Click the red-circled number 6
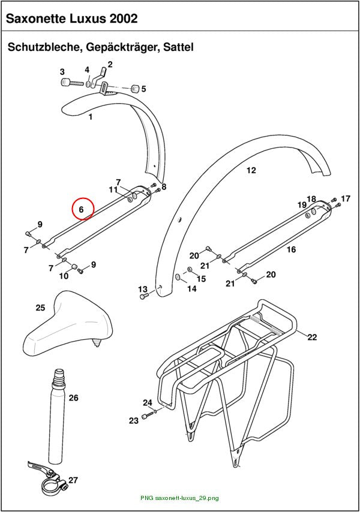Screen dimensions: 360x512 point(82,209)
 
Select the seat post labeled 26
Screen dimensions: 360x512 point(57,415)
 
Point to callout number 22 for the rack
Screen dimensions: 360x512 point(312,337)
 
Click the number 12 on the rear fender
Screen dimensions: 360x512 point(251,170)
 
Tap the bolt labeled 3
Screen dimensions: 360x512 point(73,82)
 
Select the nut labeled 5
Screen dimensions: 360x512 point(134,89)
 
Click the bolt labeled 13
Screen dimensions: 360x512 point(144,296)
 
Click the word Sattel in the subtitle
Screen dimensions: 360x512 point(178,47)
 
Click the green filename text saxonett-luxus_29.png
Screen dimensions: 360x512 point(187,498)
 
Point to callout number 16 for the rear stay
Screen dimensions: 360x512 point(291,250)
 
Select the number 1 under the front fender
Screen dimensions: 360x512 point(91,116)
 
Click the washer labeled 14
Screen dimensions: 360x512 point(178,277)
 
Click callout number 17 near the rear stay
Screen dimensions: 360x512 point(345,198)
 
